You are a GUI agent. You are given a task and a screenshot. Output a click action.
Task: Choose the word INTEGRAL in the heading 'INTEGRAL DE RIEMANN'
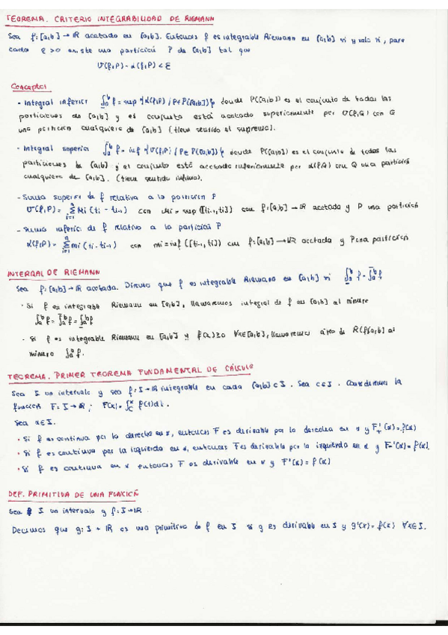[28, 273]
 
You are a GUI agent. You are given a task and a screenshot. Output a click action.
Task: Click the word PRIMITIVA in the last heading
[64, 494]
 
